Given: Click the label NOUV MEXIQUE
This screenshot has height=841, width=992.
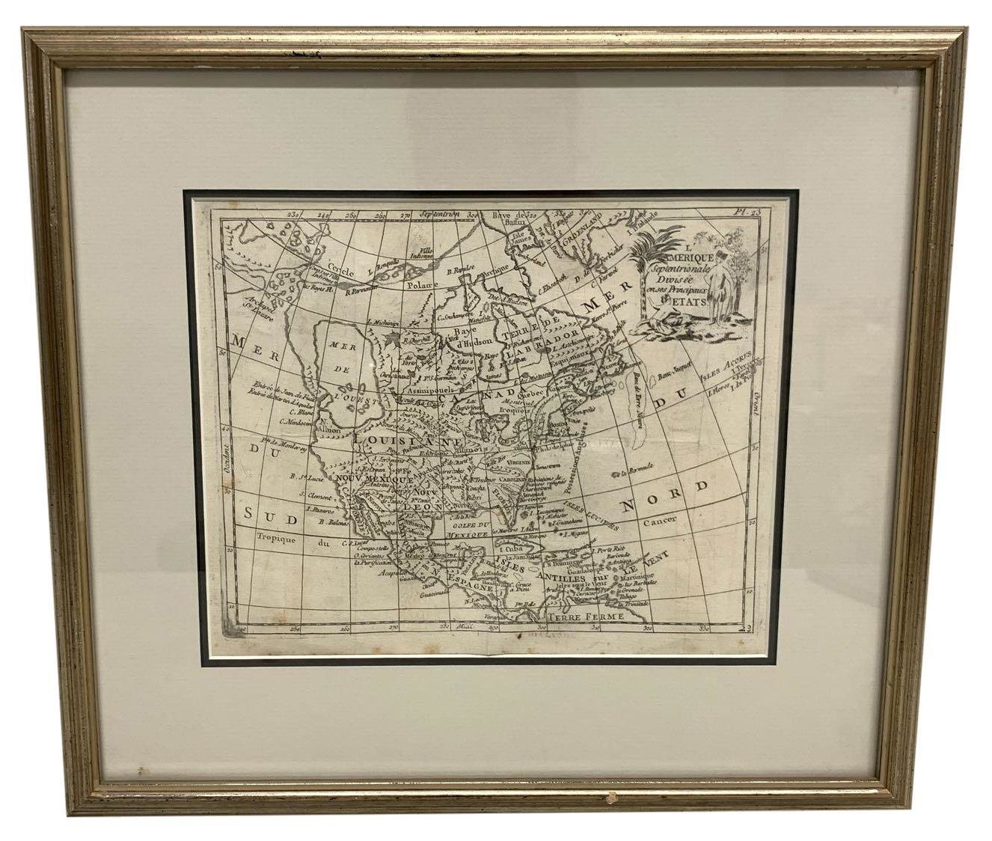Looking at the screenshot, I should click(376, 477).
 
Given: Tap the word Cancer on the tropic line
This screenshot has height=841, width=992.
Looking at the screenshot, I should click(658, 519).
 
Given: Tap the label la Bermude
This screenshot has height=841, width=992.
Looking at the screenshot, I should click(634, 471).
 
